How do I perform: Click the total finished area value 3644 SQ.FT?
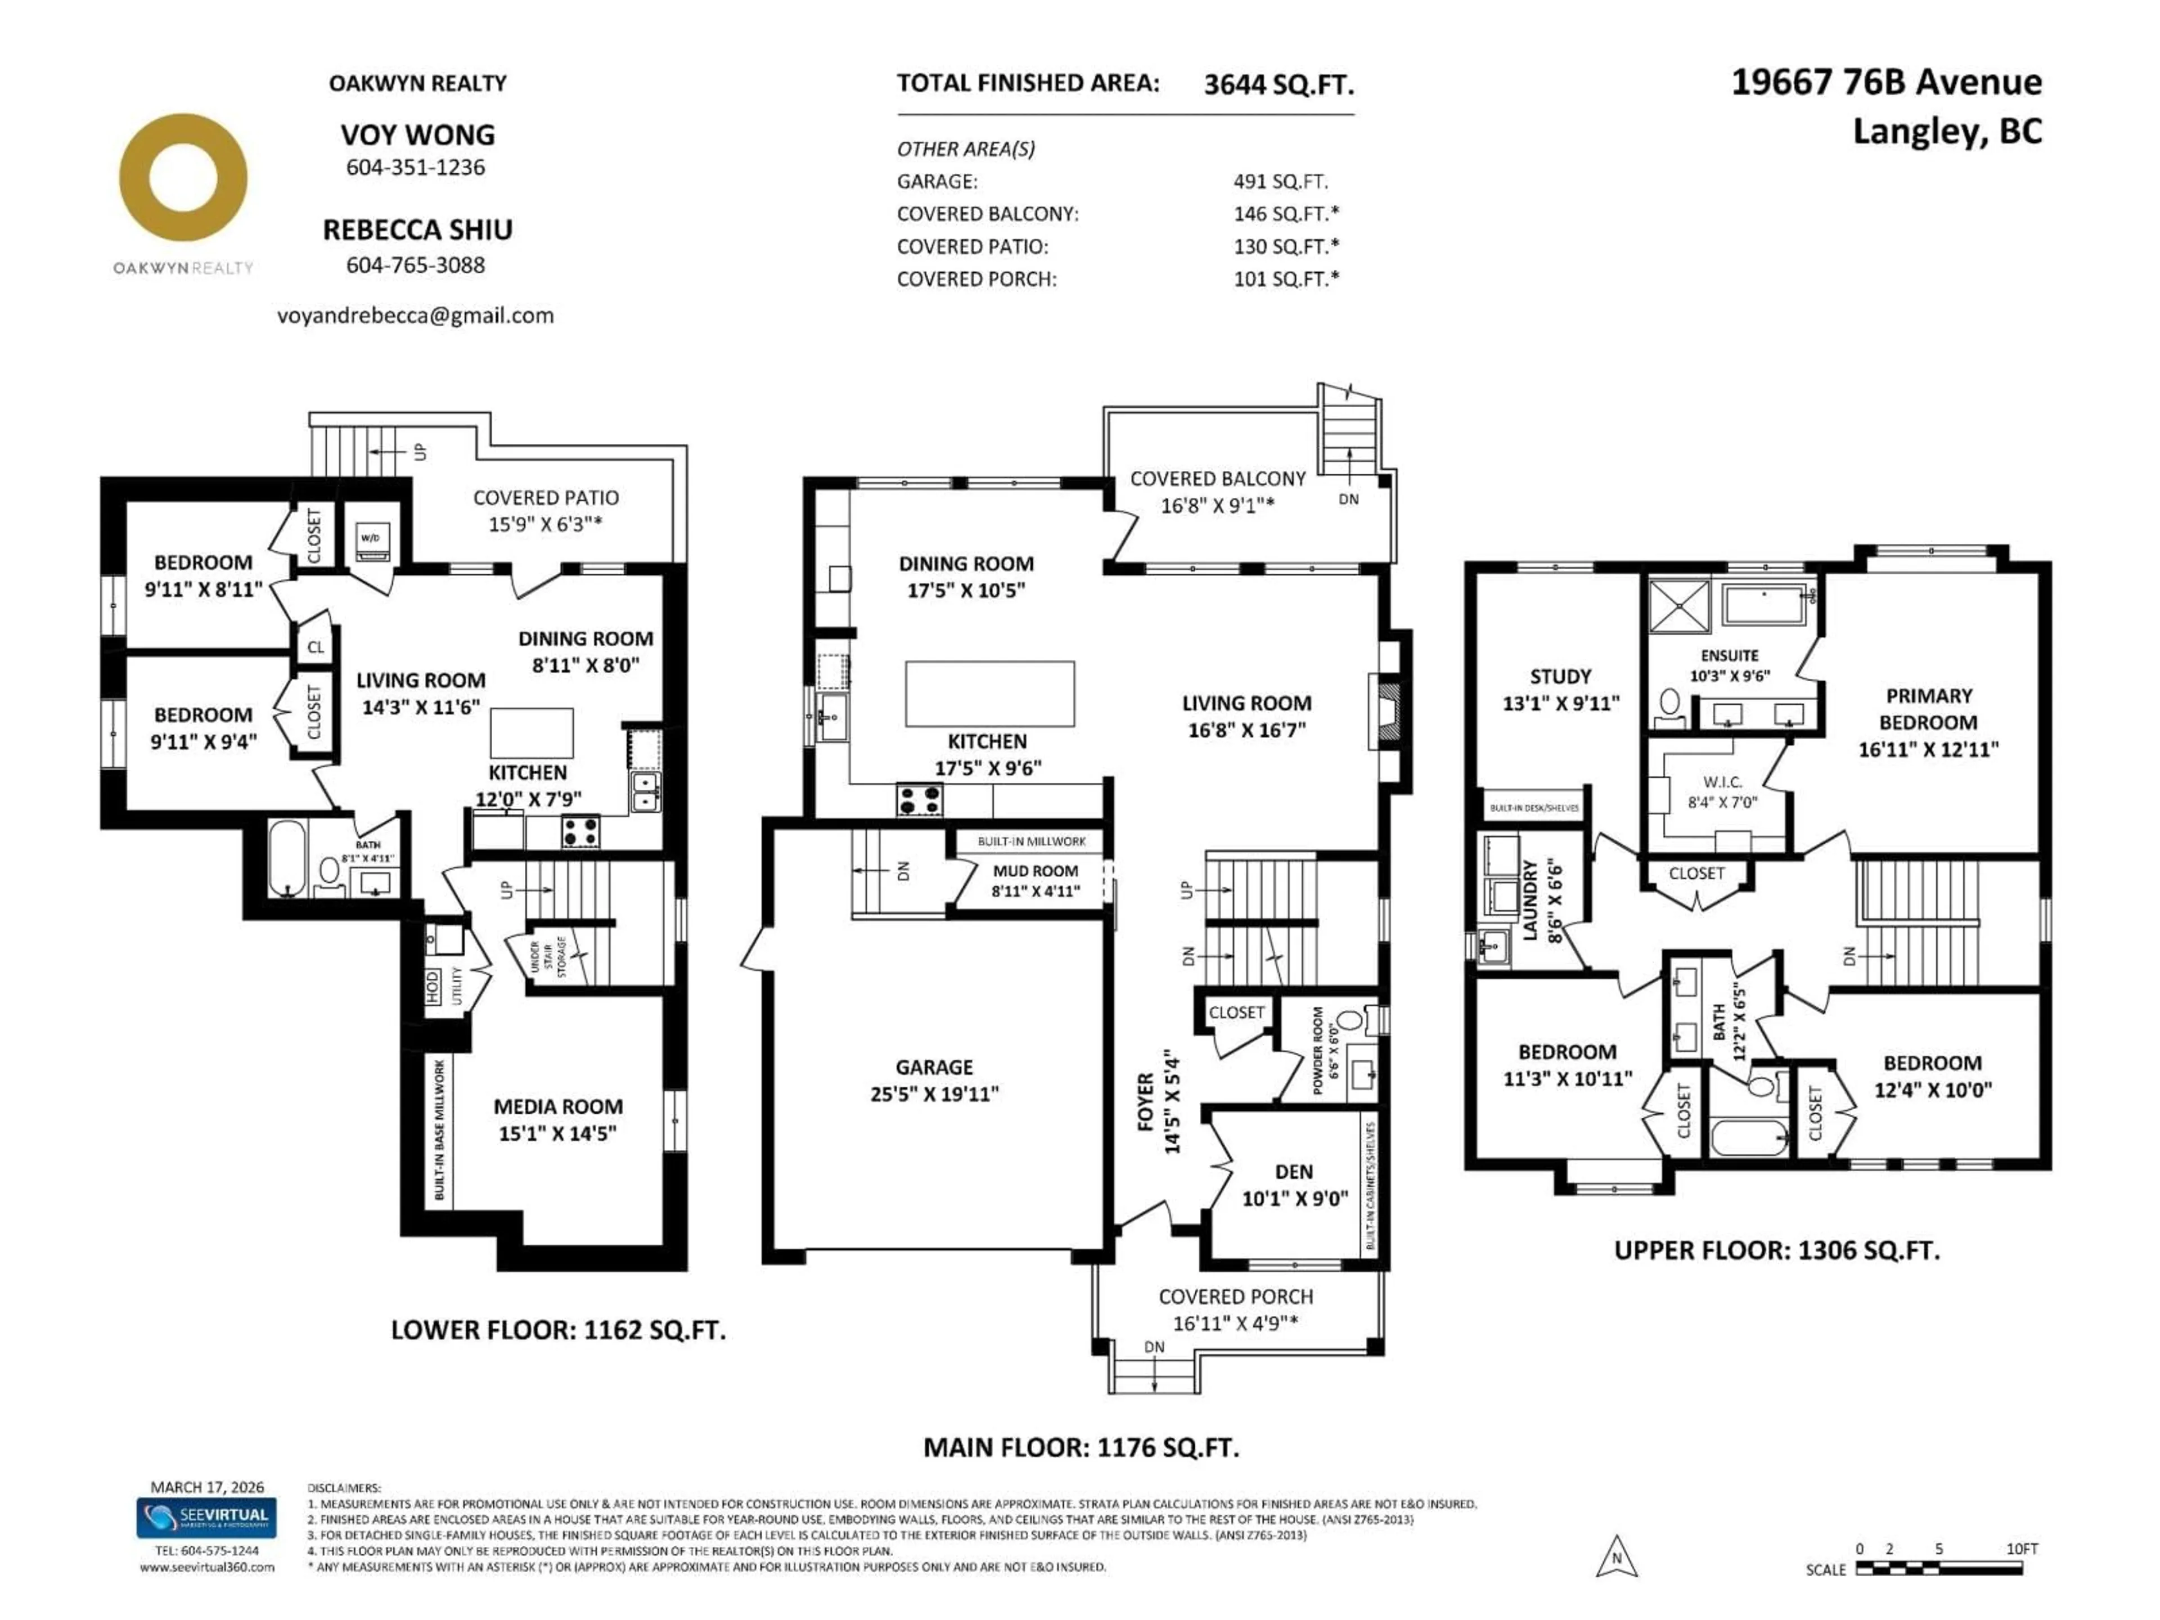1278,85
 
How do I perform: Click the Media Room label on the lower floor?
557,1106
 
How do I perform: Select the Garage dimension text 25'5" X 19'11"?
934,1093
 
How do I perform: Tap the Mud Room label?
1035,871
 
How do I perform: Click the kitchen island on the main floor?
989,694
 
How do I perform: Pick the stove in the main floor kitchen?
919,800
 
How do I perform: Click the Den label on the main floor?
1294,1172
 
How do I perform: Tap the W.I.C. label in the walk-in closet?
1722,782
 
